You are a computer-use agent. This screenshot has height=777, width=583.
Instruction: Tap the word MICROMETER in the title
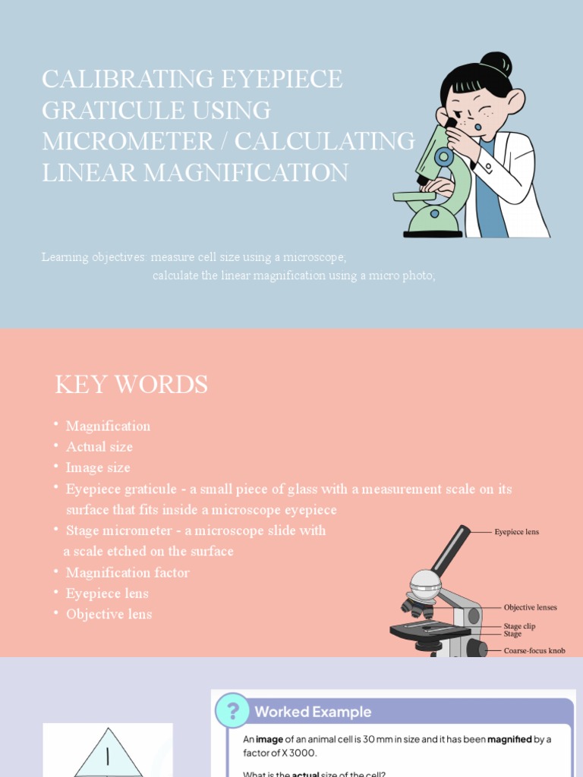128,141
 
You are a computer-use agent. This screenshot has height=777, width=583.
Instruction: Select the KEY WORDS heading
131,385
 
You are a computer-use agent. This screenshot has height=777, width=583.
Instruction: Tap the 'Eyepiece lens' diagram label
516,532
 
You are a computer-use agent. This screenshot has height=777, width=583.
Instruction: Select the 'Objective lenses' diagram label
530,608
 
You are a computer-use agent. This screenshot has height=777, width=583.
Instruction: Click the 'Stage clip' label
519,626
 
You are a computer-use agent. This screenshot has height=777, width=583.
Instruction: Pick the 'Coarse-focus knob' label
534,651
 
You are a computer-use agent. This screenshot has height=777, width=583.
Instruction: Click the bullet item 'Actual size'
99,447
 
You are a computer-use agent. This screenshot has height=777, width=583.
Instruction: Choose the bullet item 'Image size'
98,467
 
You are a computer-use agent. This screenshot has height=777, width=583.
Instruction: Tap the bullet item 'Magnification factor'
128,572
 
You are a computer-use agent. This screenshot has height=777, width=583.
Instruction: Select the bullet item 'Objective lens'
109,614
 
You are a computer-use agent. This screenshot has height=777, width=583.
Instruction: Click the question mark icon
233,711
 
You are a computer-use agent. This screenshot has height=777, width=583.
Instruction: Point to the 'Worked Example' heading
313,712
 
